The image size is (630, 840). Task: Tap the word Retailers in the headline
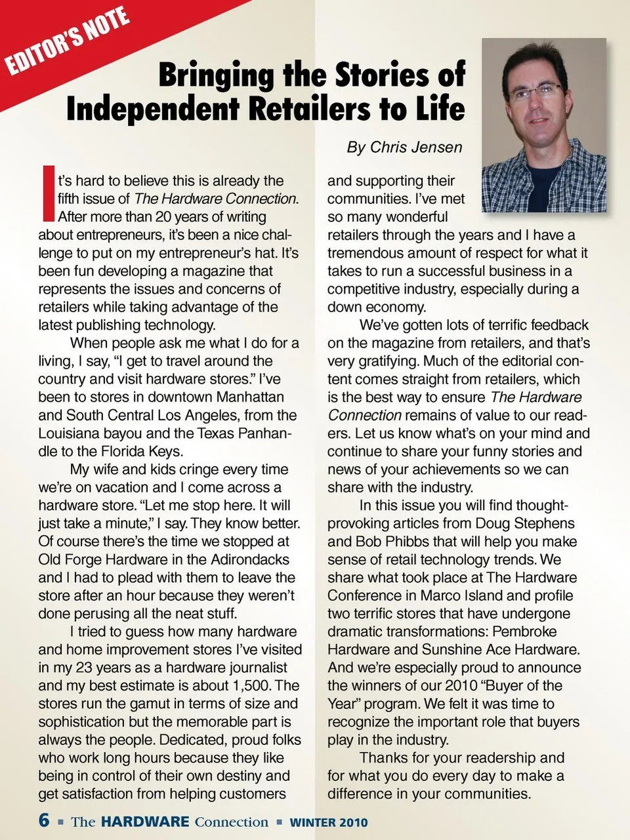click(x=310, y=108)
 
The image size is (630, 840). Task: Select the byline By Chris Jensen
click(x=404, y=148)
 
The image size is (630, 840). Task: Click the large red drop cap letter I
click(x=47, y=193)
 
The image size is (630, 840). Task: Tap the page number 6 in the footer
click(x=44, y=820)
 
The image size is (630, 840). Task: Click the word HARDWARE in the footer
click(x=145, y=822)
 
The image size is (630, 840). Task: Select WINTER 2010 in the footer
click(x=329, y=822)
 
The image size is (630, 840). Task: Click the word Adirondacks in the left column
click(x=250, y=560)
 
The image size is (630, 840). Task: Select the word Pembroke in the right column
click(x=524, y=632)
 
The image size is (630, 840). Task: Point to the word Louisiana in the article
click(x=70, y=433)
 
